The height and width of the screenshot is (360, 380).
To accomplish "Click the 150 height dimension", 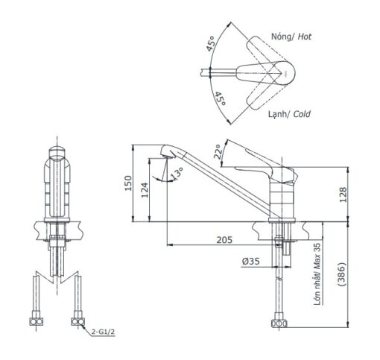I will click(x=127, y=183).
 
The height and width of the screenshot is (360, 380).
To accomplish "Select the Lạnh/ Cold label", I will click(x=289, y=114).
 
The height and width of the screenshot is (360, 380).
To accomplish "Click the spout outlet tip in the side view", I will click(x=167, y=157).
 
